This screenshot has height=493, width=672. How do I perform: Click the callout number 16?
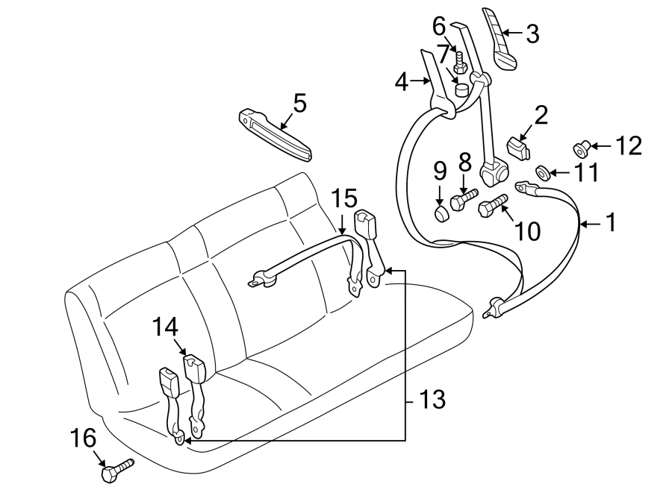[84, 438]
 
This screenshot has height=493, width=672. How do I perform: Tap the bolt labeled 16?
[115, 470]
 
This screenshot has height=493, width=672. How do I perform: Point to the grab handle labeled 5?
[275, 135]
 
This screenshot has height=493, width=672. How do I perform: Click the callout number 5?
[299, 103]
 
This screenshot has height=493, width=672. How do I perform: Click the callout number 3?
[532, 34]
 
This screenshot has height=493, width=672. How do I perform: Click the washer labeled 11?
[544, 175]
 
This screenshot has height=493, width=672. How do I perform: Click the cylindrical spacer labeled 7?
[463, 90]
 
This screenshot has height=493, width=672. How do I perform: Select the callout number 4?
[402, 81]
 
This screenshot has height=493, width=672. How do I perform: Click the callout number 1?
[611, 222]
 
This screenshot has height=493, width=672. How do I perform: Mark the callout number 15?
[345, 198]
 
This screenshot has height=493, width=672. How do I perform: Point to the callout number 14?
[167, 327]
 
